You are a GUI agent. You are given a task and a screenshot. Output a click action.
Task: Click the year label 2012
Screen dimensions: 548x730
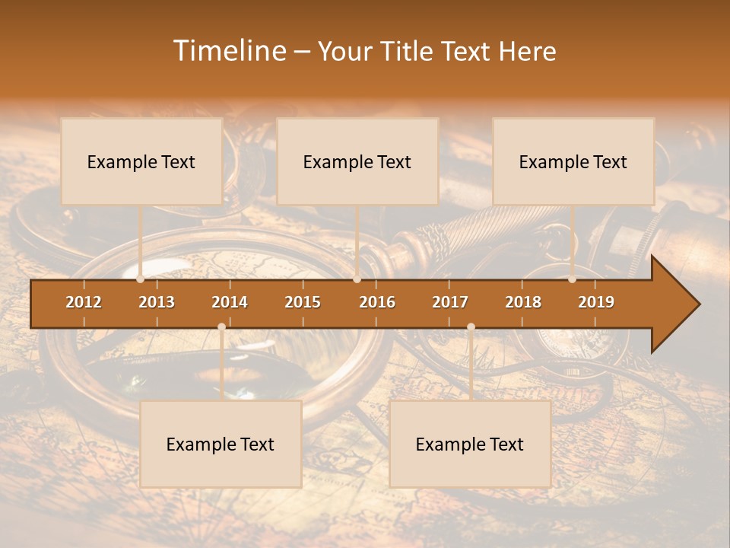pyautogui.click(x=84, y=302)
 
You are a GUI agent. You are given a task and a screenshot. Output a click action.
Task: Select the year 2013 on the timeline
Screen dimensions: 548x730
pyautogui.click(x=157, y=302)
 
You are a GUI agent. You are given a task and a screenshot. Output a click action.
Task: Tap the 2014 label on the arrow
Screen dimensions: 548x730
pyautogui.click(x=230, y=302)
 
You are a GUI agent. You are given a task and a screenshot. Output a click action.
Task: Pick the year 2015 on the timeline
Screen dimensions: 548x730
pyautogui.click(x=303, y=302)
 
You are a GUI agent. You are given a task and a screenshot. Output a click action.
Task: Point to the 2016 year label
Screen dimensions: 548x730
pyautogui.click(x=377, y=302)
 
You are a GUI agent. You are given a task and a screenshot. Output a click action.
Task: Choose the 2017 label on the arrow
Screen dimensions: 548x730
pyautogui.click(x=450, y=302)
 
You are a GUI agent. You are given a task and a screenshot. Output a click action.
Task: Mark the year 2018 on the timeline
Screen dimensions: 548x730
pyautogui.click(x=523, y=302)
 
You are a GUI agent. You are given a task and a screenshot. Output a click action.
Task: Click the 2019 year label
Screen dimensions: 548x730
pyautogui.click(x=596, y=302)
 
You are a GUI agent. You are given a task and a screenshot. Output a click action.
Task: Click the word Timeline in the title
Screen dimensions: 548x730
pyautogui.click(x=228, y=51)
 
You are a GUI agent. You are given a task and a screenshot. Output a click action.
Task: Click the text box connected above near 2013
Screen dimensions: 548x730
pyautogui.click(x=141, y=161)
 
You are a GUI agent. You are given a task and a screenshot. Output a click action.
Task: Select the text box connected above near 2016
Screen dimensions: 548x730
pyautogui.click(x=357, y=161)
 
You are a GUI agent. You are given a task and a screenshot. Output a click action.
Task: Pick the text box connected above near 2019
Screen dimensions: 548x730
pyautogui.click(x=573, y=161)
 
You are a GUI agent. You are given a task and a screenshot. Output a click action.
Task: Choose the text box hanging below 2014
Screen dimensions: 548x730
pyautogui.click(x=221, y=444)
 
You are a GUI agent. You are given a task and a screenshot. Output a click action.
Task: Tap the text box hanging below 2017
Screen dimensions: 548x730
pyautogui.click(x=470, y=444)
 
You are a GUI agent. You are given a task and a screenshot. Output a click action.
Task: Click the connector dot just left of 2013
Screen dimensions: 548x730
pyautogui.click(x=140, y=279)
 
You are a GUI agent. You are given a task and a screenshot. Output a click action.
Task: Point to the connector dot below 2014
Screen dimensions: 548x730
pyautogui.click(x=221, y=327)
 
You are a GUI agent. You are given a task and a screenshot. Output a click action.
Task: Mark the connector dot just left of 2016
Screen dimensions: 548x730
pyautogui.click(x=357, y=279)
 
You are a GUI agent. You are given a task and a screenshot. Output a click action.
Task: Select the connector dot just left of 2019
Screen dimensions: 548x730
pyautogui.click(x=572, y=279)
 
